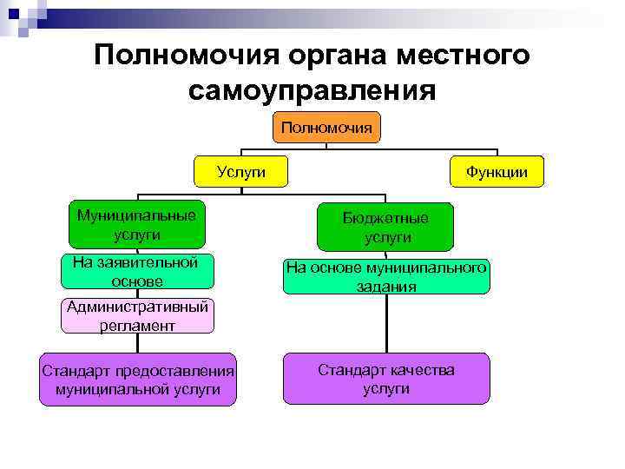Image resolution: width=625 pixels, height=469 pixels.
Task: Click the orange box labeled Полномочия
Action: click(326, 128)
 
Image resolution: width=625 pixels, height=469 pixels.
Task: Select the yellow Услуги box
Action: click(240, 172)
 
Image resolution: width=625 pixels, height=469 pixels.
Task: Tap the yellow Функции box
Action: click(496, 172)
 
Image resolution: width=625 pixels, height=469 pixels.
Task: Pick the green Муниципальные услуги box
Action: click(136, 224)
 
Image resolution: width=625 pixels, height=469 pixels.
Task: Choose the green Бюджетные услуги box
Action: click(385, 228)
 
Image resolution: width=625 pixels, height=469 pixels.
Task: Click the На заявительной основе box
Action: click(136, 271)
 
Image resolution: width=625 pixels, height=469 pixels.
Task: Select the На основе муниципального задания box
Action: click(385, 276)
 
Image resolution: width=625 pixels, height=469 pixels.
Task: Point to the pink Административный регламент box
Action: click(136, 316)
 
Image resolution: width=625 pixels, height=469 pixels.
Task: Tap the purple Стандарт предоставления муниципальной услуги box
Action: click(137, 380)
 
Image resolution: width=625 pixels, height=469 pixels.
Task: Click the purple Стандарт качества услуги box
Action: click(385, 379)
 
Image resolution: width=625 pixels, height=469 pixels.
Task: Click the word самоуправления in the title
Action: click(312, 89)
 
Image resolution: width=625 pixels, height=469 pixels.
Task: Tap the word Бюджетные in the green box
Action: click(385, 218)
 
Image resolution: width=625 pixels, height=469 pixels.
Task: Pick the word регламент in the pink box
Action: click(136, 326)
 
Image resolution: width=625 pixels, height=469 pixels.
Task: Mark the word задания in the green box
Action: click(385, 286)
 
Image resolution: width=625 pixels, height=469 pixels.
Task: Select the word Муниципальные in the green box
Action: click(136, 215)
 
